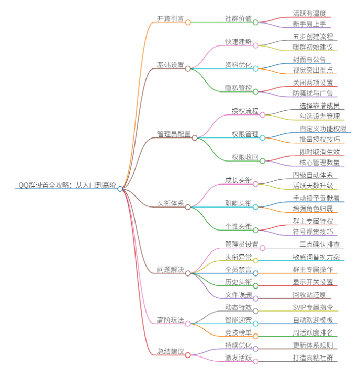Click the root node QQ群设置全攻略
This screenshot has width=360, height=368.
(67, 185)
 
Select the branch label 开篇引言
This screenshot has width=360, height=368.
(170, 18)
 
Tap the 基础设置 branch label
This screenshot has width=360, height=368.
(170, 65)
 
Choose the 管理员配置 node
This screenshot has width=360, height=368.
(174, 134)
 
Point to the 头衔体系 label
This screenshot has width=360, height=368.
(170, 203)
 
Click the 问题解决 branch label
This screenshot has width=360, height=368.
(170, 270)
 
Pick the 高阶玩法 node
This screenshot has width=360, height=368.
(170, 320)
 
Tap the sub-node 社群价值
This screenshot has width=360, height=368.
(238, 18)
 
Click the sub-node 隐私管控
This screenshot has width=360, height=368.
(238, 88)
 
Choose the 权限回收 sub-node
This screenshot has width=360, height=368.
(245, 157)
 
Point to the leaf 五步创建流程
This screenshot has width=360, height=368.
(312, 37)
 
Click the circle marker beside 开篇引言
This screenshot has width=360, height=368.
(188, 22)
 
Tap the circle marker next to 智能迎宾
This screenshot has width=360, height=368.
(256, 324)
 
